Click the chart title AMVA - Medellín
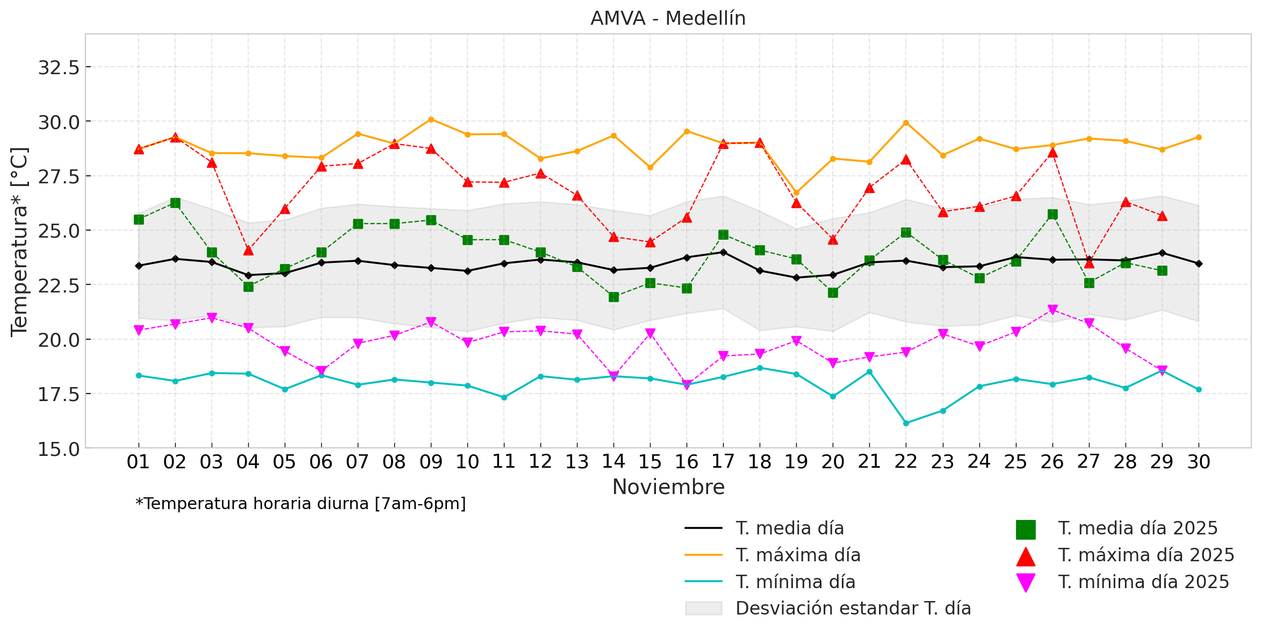coord(668,19)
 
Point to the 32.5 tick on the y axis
coord(59,68)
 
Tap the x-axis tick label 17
coord(723,462)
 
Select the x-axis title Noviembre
coord(668,487)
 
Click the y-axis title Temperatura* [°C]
coord(19,241)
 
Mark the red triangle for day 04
coord(248,251)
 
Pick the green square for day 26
coord(1052,215)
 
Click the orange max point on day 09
coord(431,119)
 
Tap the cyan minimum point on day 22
coord(906,423)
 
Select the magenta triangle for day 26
coord(1052,310)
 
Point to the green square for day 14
coord(614,297)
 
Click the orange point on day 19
coord(796,192)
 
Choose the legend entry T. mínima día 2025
coord(1143,582)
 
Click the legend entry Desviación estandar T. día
coord(853,608)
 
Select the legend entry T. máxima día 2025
coord(1146,555)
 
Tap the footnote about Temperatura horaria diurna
coord(301,504)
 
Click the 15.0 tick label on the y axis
coord(59,449)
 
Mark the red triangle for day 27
coord(1089,263)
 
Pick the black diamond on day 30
coord(1199,263)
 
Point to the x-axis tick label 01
coord(138,462)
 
